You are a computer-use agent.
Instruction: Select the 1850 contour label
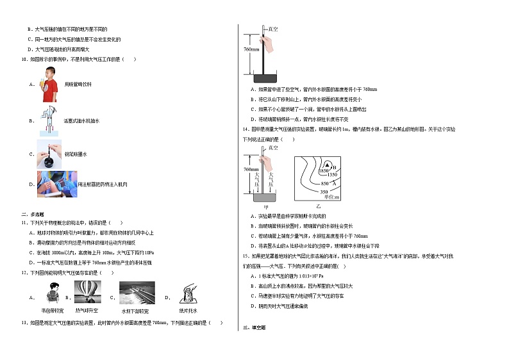click(323, 171)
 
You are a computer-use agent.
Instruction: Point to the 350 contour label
click(324, 192)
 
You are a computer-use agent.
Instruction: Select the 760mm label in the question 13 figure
click(251, 49)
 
